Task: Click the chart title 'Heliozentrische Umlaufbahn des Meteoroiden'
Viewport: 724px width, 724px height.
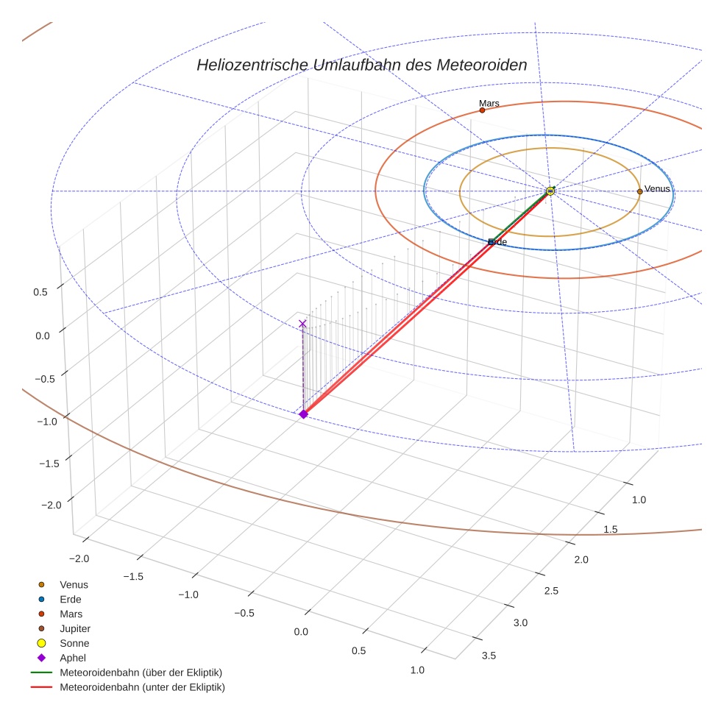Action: (x=361, y=65)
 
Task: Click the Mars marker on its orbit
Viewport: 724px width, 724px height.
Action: (x=482, y=110)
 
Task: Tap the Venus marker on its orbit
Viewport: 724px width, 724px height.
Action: (x=639, y=191)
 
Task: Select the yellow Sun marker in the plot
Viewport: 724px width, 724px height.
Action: (x=550, y=191)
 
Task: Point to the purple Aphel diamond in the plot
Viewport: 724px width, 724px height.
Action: (x=303, y=414)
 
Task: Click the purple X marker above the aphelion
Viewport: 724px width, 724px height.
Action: (x=302, y=324)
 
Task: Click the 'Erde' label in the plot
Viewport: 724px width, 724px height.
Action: (x=498, y=242)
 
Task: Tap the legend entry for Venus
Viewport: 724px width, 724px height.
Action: (x=74, y=585)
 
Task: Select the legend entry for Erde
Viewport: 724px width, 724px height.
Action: (x=71, y=600)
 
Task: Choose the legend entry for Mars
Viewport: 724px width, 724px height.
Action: (x=71, y=614)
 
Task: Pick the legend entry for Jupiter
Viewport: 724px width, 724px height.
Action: (x=75, y=629)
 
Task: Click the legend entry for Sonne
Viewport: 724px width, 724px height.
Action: (x=74, y=644)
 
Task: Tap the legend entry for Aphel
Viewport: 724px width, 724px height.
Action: (x=73, y=659)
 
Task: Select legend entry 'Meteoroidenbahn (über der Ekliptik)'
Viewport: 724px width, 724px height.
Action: (x=141, y=673)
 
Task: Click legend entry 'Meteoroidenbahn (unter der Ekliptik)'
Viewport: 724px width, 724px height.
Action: (x=142, y=688)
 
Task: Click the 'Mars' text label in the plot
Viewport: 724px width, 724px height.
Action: (x=489, y=104)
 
